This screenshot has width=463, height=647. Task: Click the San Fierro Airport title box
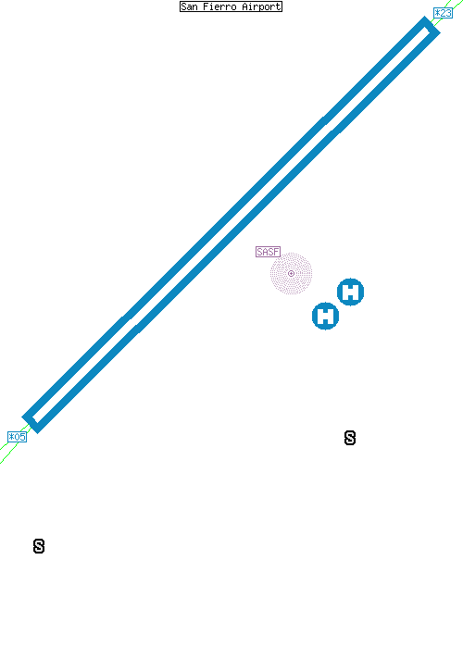pyautogui.click(x=231, y=6)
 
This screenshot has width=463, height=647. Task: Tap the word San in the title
pyautogui.click(x=189, y=6)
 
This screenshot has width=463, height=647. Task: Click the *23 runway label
pyautogui.click(x=443, y=13)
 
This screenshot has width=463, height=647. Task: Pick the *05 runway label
pyautogui.click(x=17, y=437)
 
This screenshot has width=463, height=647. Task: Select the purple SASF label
pyautogui.click(x=268, y=252)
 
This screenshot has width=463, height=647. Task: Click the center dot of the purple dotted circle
pyautogui.click(x=291, y=274)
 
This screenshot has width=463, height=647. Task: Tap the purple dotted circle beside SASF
pyautogui.click(x=291, y=274)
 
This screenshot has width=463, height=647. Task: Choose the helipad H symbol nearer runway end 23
pyautogui.click(x=350, y=292)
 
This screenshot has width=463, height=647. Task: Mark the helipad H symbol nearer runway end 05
pyautogui.click(x=326, y=316)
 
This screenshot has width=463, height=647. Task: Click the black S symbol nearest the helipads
pyautogui.click(x=350, y=438)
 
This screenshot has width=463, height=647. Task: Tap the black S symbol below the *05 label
pyautogui.click(x=39, y=546)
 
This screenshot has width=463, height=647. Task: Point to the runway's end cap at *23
pyautogui.click(x=432, y=26)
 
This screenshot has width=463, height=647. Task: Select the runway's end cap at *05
pyautogui.click(x=31, y=423)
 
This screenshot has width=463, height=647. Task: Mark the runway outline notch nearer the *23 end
pyautogui.click(x=332, y=126)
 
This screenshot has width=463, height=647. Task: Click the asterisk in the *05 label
pyautogui.click(x=11, y=437)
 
